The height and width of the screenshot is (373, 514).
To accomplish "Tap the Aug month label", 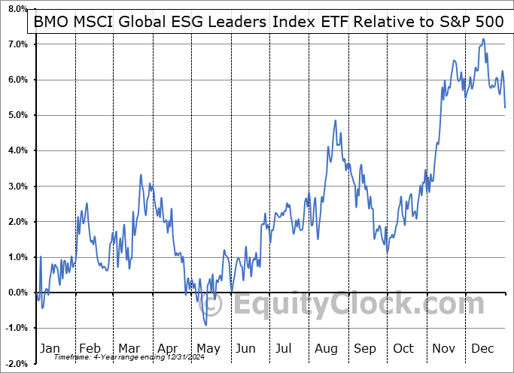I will click(326, 349).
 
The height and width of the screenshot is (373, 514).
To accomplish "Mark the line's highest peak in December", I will click(482, 39).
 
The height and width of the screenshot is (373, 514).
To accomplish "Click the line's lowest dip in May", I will click(206, 325).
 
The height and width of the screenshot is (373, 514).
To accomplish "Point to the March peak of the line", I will click(141, 175).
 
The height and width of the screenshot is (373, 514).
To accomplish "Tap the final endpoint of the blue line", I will click(504, 108).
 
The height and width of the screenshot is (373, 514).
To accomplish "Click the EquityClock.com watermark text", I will click(357, 305).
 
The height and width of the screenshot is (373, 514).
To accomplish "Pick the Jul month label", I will click(284, 349).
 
